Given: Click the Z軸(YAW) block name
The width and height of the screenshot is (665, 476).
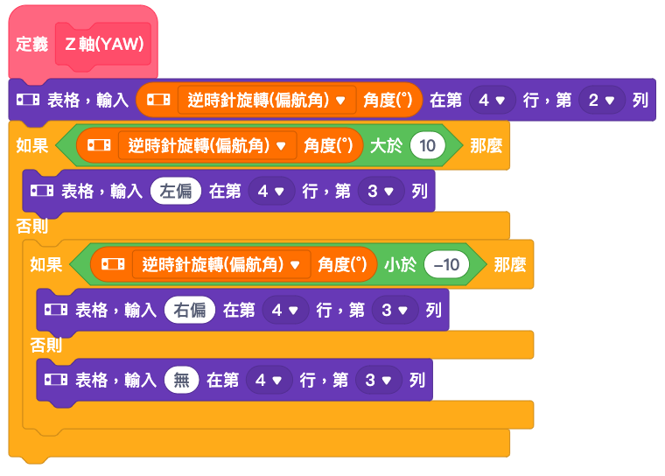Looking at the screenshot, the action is pyautogui.click(x=104, y=44).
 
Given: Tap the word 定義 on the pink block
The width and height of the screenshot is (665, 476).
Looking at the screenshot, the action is pyautogui.click(x=32, y=44).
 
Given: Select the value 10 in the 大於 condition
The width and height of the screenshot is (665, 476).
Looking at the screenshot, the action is pyautogui.click(x=428, y=145).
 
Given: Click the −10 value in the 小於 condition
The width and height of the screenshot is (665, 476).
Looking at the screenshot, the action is pyautogui.click(x=446, y=264).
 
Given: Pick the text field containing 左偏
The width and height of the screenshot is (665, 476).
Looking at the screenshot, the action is pyautogui.click(x=176, y=191).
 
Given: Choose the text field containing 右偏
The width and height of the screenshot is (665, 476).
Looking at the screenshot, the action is pyautogui.click(x=190, y=310).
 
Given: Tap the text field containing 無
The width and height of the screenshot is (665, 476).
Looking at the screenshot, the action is pyautogui.click(x=181, y=380).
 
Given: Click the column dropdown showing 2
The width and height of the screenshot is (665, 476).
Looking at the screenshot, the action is pyautogui.click(x=602, y=100).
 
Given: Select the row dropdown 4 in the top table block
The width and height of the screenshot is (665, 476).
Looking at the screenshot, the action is pyautogui.click(x=492, y=100).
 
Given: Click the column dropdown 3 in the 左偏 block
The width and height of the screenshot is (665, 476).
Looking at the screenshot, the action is pyautogui.click(x=381, y=191).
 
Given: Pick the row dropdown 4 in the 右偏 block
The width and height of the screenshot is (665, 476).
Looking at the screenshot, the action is pyautogui.click(x=285, y=310).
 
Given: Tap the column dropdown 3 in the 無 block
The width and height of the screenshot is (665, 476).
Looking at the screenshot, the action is pyautogui.click(x=378, y=380).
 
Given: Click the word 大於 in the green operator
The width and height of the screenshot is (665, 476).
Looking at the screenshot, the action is pyautogui.click(x=386, y=146).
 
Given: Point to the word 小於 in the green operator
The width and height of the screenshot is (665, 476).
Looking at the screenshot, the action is pyautogui.click(x=400, y=265).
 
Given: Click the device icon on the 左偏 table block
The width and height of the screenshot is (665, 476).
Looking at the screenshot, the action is pyautogui.click(x=42, y=191).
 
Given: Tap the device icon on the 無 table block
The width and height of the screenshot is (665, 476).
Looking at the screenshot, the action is pyautogui.click(x=55, y=379).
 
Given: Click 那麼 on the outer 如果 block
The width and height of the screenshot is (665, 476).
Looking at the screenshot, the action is pyautogui.click(x=486, y=146).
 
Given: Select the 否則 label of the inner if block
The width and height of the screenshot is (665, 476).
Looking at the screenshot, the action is pyautogui.click(x=46, y=345).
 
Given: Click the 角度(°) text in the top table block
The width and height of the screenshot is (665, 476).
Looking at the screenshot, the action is pyautogui.click(x=388, y=100).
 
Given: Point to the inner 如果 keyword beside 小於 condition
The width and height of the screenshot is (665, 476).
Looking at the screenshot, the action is pyautogui.click(x=46, y=265).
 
